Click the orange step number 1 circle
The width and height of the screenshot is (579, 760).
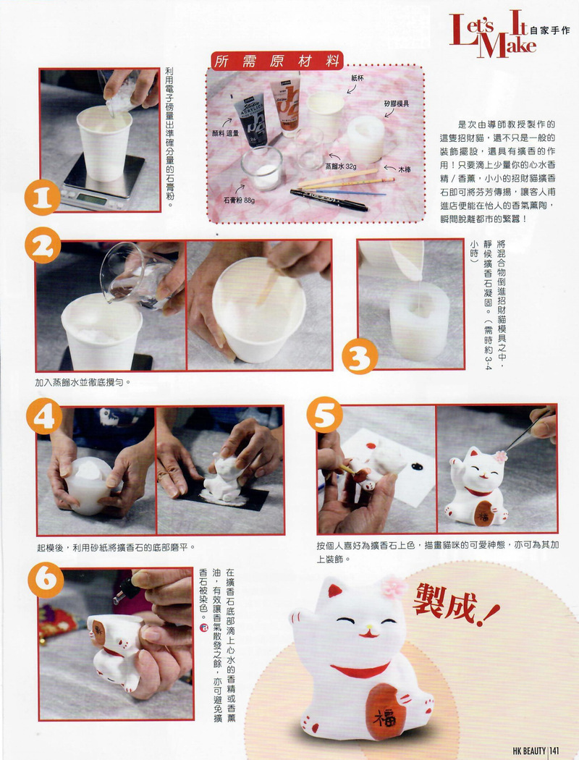[x=43, y=198]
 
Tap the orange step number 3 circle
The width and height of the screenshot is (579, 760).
[x=360, y=356]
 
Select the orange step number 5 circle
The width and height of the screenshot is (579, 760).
[x=325, y=415]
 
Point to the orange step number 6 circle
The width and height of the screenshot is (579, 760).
[x=46, y=580]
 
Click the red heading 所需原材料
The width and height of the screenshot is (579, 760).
[x=276, y=61]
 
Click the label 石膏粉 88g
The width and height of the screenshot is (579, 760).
[x=239, y=200]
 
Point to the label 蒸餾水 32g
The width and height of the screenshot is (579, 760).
[x=341, y=166]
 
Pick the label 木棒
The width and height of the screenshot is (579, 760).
[x=405, y=169]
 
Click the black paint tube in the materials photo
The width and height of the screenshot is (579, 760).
[x=250, y=121]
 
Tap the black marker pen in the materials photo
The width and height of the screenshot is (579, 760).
[x=329, y=200]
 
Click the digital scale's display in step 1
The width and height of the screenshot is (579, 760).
[x=92, y=199]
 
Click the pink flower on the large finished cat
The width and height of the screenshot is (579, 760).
[x=394, y=588]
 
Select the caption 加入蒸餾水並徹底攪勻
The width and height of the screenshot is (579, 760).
[x=83, y=382]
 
